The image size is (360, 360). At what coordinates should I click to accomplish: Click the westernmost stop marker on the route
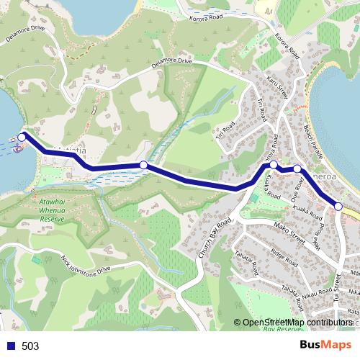click(x=22, y=136)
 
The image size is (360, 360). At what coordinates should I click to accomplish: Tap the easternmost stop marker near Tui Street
click(x=338, y=207)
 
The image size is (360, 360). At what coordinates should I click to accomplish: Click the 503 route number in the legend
click(x=30, y=346)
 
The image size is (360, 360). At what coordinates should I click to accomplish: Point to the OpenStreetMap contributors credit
click(x=297, y=323)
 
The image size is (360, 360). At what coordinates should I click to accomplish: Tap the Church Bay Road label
click(x=214, y=237)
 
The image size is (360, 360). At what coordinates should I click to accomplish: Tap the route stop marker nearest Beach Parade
click(x=297, y=169)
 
